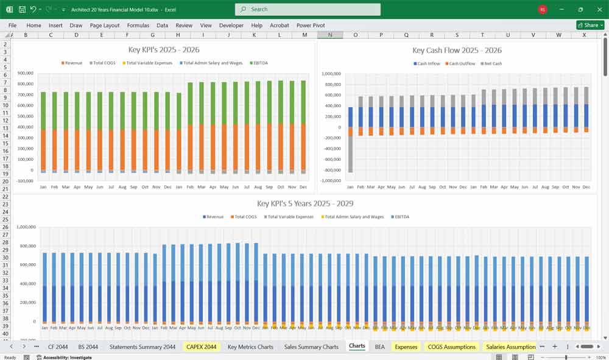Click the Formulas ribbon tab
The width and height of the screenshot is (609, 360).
(x=138, y=26)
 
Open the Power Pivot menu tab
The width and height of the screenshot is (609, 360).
(x=311, y=26)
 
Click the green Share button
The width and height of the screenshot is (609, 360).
(x=590, y=25)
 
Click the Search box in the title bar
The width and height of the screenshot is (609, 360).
(x=308, y=9)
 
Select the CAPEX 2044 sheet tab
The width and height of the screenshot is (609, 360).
(x=201, y=347)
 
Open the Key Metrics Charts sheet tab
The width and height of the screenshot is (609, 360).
(x=250, y=347)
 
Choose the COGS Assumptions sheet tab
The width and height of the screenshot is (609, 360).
(x=451, y=347)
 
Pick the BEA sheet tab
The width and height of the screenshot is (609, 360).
(x=379, y=347)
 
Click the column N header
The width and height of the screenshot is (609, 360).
(x=330, y=35)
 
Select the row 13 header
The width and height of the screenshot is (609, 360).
(x=5, y=128)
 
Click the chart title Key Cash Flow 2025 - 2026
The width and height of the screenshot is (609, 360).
(x=457, y=50)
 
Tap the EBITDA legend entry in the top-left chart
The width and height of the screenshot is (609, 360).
(x=258, y=63)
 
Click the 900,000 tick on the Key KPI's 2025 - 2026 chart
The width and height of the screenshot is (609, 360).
(x=24, y=74)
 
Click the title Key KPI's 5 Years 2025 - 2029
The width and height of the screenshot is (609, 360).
(x=305, y=203)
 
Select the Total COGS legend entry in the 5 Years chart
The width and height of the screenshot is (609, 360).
(x=245, y=217)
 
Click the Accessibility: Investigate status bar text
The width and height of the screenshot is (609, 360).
(x=67, y=358)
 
